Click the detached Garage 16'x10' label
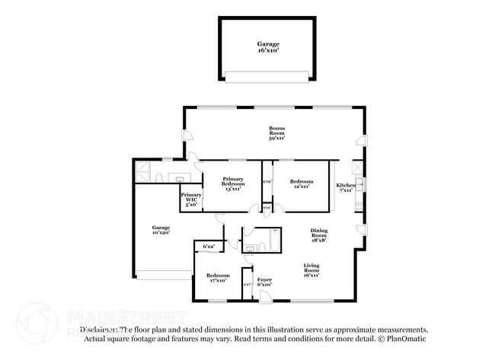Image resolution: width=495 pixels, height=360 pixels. (268, 48)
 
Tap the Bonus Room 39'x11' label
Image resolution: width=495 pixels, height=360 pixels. (276, 132)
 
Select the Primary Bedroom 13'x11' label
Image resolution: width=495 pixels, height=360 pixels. (233, 184)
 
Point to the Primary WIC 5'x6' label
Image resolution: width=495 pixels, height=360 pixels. (190, 199)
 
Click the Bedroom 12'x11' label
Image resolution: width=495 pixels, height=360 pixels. (302, 184)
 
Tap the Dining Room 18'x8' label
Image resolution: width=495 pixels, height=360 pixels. (318, 234)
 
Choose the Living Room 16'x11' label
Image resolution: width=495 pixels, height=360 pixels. (311, 269)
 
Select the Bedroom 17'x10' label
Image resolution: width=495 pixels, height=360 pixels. (218, 278)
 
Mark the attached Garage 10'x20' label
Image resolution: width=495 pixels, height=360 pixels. (160, 230)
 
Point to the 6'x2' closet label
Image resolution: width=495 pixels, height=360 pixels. (208, 247)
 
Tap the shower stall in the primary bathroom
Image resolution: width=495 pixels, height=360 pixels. (142, 171)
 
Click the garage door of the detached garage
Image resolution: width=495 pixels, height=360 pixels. (267, 76)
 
